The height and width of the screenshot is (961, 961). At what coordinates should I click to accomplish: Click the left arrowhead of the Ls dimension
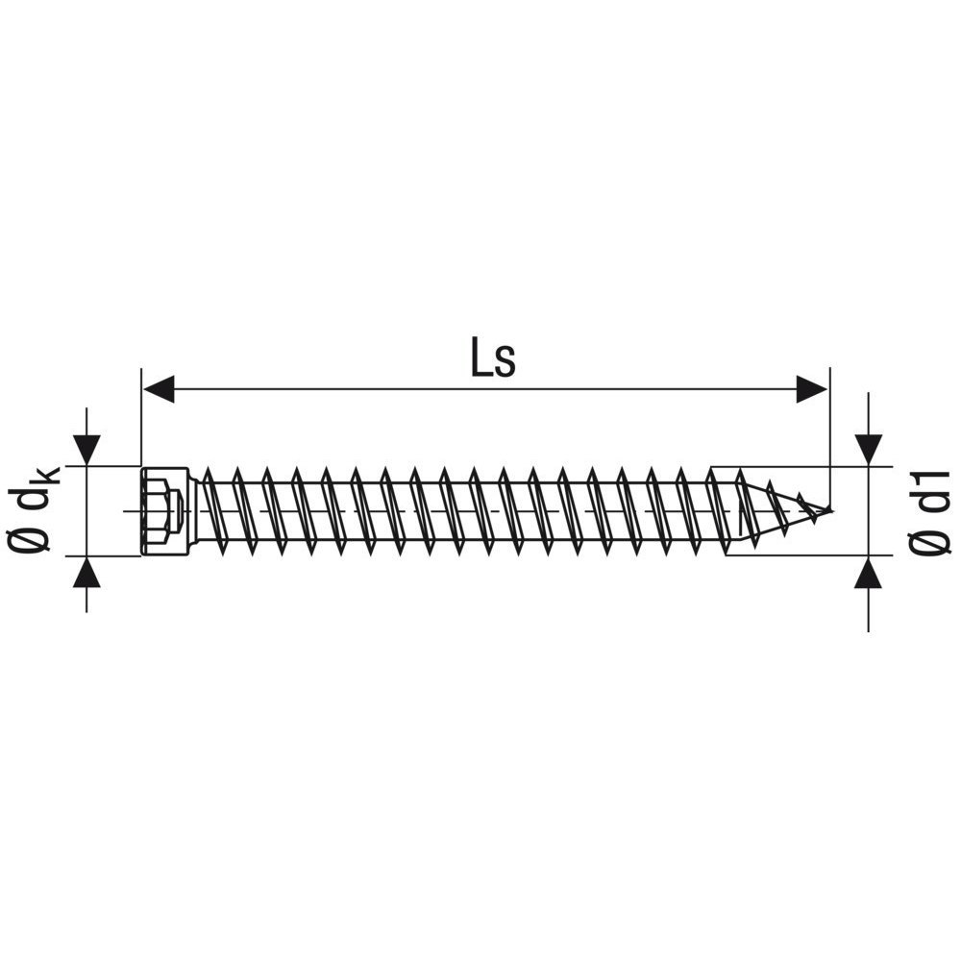tap(159, 388)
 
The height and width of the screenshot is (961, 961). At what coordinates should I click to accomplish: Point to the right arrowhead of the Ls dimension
tap(811, 388)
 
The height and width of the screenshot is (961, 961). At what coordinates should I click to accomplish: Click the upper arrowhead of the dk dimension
tap(86, 451)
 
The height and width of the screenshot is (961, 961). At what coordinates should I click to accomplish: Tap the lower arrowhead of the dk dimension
tap(86, 572)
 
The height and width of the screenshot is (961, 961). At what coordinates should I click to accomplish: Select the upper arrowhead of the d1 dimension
tap(869, 451)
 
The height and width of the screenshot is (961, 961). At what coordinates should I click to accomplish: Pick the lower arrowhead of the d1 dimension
tap(869, 572)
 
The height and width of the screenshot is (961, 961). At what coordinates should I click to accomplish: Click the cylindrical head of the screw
tap(164, 511)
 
